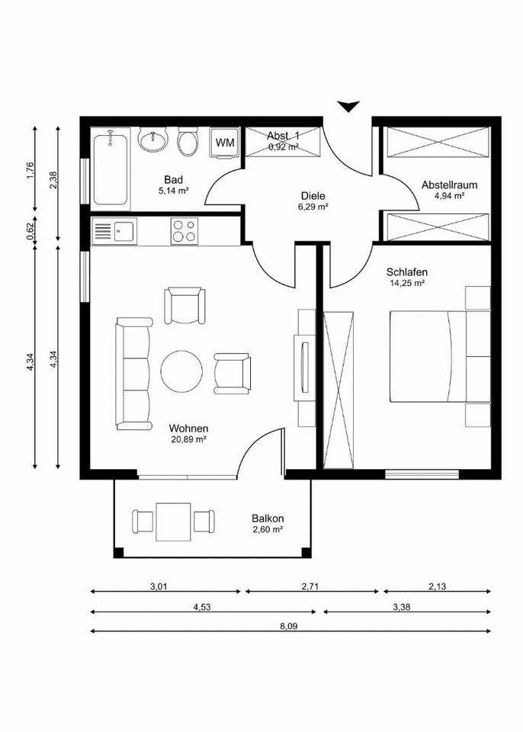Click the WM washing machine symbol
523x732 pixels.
[225, 143]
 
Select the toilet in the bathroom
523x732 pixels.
[188, 142]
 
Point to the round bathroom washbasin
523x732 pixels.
[152, 140]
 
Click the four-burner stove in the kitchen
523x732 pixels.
[184, 230]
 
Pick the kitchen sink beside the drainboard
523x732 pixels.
[124, 231]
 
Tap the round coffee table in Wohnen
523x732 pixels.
[181, 371]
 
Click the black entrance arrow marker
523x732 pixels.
[348, 107]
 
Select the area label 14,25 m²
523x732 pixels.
[407, 283]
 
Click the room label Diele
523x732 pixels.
[313, 196]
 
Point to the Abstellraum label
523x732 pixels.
[449, 185]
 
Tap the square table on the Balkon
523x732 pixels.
[173, 522]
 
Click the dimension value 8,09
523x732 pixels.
[289, 626]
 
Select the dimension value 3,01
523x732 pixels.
[159, 586]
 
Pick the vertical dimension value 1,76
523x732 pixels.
[29, 170]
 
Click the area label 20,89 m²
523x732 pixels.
[188, 439]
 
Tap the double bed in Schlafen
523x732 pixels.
[440, 356]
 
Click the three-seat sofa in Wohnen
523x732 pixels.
[133, 374]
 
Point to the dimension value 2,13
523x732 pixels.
[437, 586]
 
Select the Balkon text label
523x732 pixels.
[268, 518]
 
